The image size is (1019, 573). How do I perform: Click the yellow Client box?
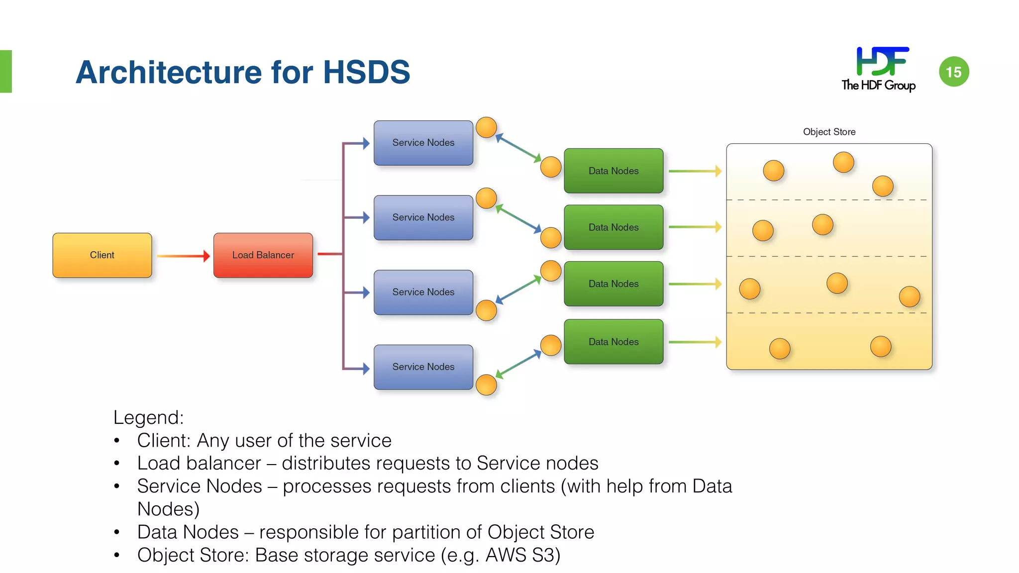tap(102, 255)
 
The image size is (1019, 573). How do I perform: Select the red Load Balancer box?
tap(263, 255)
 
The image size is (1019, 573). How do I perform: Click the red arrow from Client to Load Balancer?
tap(183, 256)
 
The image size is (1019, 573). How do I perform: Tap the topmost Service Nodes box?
tap(423, 143)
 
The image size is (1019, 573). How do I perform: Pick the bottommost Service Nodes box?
tap(423, 367)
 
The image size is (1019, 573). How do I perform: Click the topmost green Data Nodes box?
tap(613, 171)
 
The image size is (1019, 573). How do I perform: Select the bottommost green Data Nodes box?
tap(613, 342)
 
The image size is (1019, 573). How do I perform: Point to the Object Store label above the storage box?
tap(829, 132)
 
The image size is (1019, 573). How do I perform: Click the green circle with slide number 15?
tap(953, 72)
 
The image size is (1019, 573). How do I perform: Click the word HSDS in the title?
tap(367, 72)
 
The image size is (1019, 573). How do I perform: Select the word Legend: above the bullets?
tap(148, 417)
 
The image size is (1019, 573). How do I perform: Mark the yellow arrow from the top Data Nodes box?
tap(695, 171)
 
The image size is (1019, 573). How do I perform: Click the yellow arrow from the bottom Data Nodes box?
tap(695, 342)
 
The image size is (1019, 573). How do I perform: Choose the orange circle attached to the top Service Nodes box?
tap(486, 127)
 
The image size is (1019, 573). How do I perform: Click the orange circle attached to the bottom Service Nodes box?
tap(486, 385)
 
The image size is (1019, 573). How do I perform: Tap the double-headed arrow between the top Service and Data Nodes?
tap(518, 148)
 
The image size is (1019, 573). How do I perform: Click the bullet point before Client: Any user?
tap(117, 441)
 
